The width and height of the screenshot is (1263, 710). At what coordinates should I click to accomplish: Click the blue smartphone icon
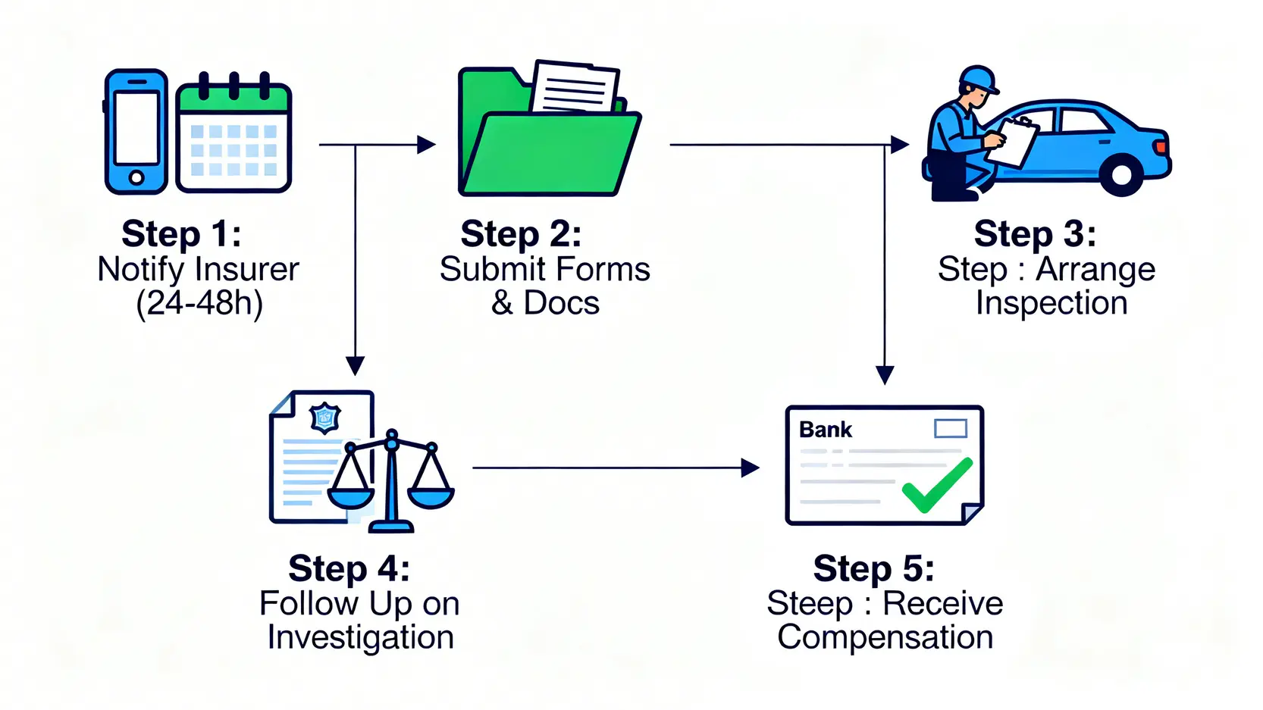tap(136, 131)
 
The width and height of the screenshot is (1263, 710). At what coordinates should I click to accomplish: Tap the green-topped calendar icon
tap(233, 136)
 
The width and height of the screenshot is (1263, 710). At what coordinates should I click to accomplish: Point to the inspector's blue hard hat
tap(978, 78)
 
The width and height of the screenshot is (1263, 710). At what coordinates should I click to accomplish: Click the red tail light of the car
tap(1161, 145)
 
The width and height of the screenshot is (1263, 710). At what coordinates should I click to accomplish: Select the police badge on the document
tap(325, 418)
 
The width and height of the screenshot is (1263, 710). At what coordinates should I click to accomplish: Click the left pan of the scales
tap(350, 495)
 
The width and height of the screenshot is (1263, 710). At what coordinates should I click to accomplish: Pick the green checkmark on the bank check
tap(937, 485)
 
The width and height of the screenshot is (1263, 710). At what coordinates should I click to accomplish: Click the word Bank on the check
tap(826, 430)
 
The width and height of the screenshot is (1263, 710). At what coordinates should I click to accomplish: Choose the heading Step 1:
tap(181, 233)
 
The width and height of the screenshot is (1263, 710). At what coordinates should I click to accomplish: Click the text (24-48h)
tap(199, 303)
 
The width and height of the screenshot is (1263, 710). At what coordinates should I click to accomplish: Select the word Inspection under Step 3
tap(1051, 303)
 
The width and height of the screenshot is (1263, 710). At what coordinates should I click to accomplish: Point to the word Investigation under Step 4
tap(360, 637)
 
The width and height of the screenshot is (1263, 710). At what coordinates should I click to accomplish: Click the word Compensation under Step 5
tap(885, 637)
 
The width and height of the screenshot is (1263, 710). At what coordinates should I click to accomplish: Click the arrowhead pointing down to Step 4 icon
tap(355, 366)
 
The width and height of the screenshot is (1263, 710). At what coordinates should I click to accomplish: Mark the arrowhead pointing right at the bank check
tap(750, 468)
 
